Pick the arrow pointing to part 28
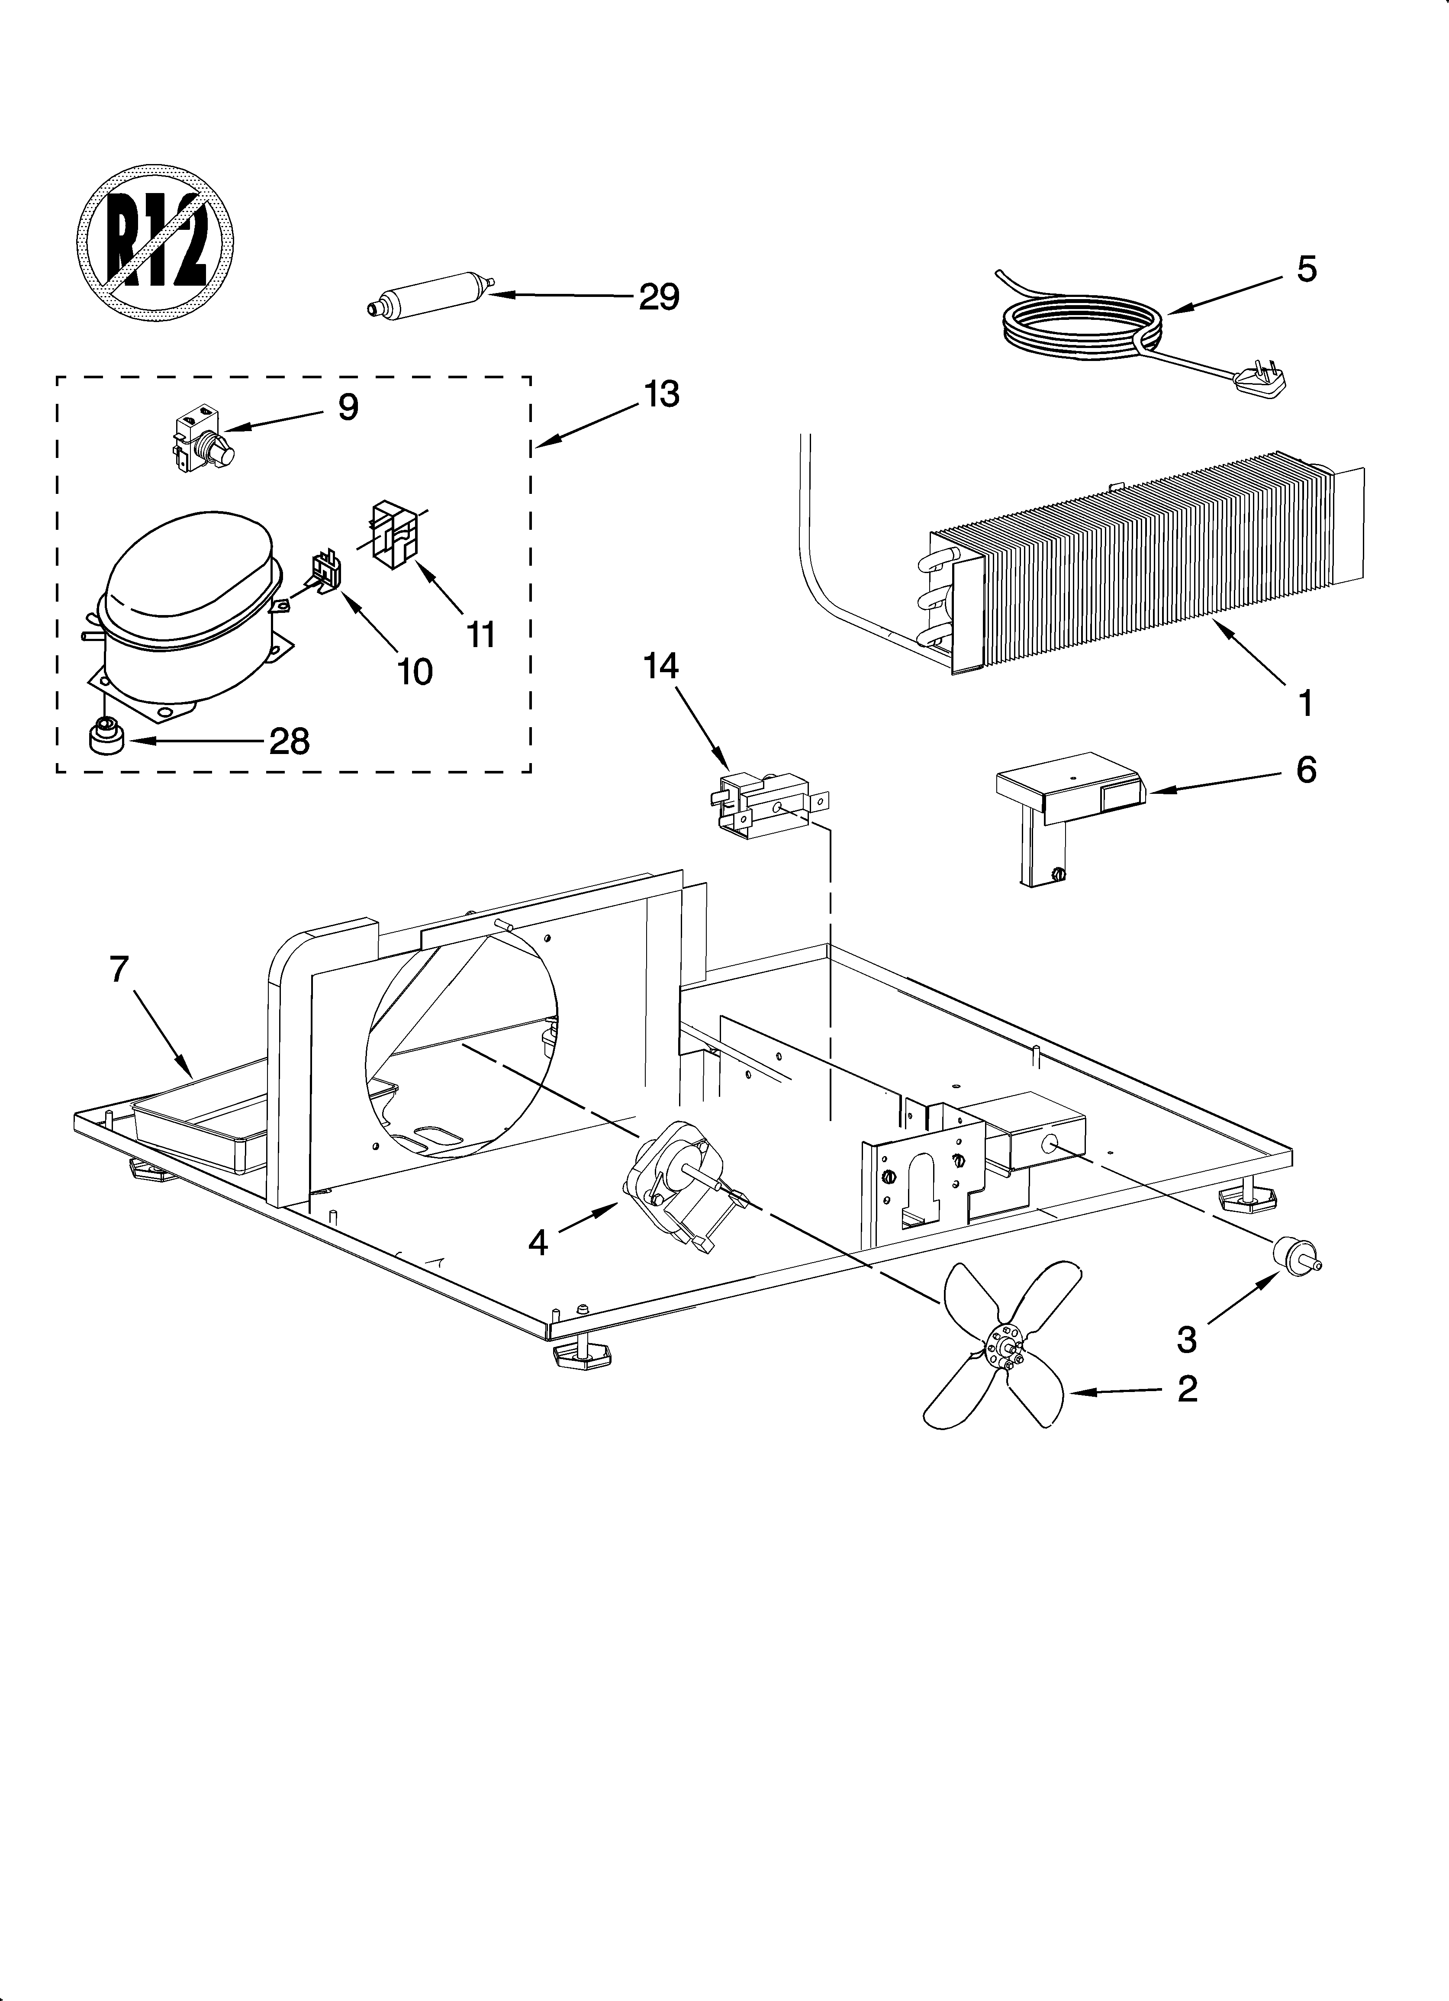click(x=194, y=741)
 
